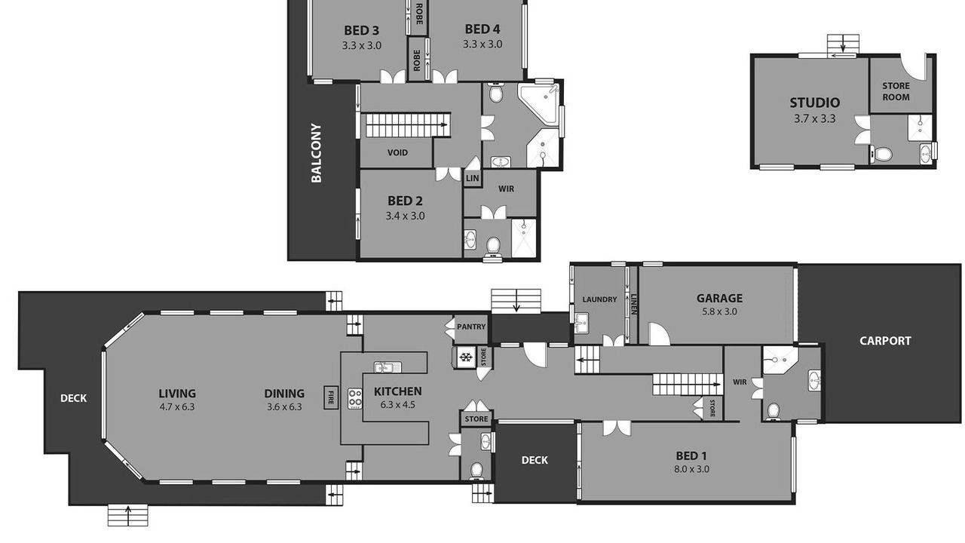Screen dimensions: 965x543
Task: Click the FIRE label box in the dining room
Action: pos(331,397)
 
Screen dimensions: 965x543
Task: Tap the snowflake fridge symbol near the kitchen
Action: pos(465,357)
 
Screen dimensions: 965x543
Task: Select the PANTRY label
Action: pos(471,327)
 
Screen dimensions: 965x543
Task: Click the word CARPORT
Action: pos(885,341)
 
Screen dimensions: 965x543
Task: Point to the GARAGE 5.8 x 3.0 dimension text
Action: pos(719,311)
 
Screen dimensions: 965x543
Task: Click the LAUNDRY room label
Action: pos(599,299)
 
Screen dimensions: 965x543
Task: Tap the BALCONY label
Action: pos(317,153)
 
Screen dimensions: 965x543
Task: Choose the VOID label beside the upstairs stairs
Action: pos(397,152)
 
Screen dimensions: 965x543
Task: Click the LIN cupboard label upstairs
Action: pos(472,178)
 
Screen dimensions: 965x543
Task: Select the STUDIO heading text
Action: pos(815,103)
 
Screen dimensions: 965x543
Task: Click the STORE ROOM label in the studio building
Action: pos(896,91)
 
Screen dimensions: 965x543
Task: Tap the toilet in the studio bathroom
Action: pos(882,154)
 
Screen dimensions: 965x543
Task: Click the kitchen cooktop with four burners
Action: pos(355,399)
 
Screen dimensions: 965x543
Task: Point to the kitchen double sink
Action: pos(388,367)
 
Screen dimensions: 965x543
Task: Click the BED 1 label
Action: pos(691,456)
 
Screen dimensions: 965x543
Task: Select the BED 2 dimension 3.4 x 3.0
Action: pos(405,216)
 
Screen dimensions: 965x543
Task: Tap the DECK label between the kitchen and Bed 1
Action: pos(535,460)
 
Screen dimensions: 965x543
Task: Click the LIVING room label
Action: pos(177,394)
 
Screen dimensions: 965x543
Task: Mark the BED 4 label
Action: pos(482,29)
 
